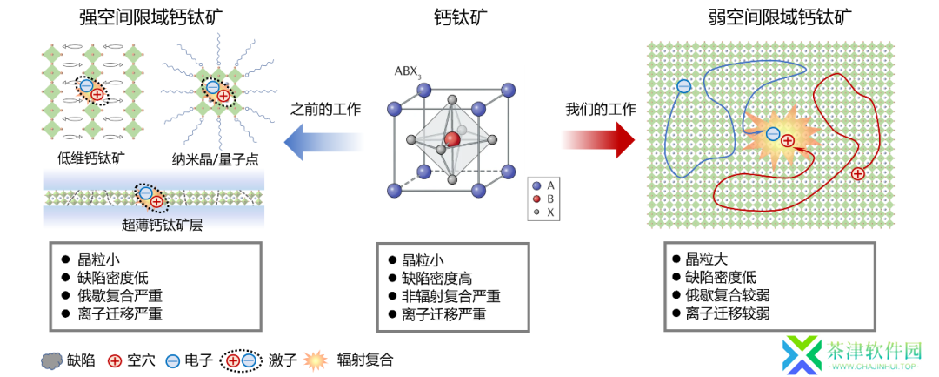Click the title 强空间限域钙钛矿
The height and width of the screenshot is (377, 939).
[152, 18]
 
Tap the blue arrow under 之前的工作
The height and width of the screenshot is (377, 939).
[323, 141]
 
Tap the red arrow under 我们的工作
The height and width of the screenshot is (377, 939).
[598, 141]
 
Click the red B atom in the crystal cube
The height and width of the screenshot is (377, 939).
[452, 139]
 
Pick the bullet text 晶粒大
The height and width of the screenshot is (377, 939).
[706, 259]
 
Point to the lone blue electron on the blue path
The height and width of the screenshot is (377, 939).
[683, 86]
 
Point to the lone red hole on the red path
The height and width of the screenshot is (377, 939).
[857, 174]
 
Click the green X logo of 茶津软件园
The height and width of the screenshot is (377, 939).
[802, 354]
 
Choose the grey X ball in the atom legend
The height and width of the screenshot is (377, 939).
[535, 212]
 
